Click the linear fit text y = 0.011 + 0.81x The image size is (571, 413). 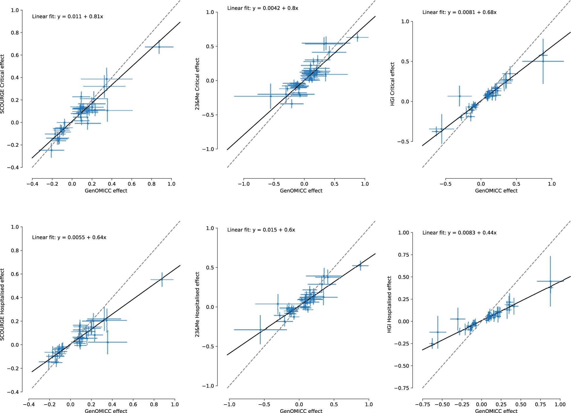tap(67, 17)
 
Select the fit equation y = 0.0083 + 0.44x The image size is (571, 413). tap(459, 233)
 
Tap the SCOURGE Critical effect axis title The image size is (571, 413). tap(3, 84)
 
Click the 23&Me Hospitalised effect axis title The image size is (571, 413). tap(197, 304)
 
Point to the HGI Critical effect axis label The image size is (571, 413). tap(392, 84)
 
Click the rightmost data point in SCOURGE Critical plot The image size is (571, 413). tap(159, 47)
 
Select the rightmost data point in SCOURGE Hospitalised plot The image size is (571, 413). tap(162, 279)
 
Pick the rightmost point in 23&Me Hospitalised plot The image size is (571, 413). tap(360, 265)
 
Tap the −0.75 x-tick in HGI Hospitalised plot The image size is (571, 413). tap(422, 405)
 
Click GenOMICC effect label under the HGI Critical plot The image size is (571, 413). tap(496, 191)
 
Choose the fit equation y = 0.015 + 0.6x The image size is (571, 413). tap(261, 230)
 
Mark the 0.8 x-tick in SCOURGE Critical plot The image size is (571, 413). tap(152, 184)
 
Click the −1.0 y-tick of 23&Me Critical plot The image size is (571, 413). tap(208, 149)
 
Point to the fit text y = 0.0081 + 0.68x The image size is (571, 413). tap(459, 12)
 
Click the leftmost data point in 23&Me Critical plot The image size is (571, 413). tap(270, 96)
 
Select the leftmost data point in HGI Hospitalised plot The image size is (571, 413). tap(432, 344)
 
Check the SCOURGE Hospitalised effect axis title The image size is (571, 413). tap(3, 304)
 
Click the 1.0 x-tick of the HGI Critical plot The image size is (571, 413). tap(552, 184)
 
